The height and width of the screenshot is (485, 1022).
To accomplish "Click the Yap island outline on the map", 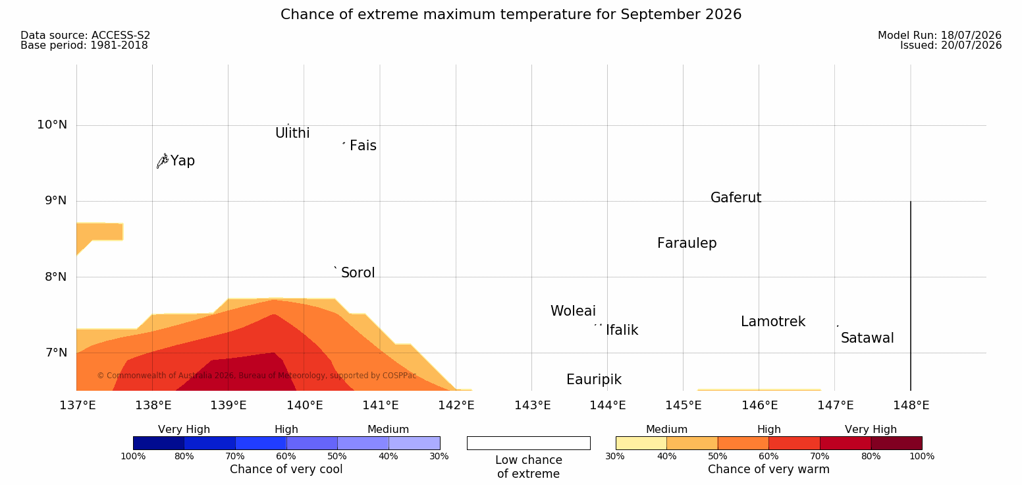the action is click(163, 161).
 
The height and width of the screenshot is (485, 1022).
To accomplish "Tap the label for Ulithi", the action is click(292, 133).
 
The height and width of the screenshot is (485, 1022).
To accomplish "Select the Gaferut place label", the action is click(736, 197).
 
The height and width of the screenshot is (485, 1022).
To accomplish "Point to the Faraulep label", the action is click(687, 243).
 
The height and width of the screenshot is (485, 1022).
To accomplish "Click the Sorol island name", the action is click(358, 273).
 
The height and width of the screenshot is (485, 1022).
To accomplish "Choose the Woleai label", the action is click(573, 310).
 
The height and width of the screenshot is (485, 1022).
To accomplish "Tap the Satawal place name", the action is click(867, 338).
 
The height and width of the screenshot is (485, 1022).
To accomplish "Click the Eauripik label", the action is click(593, 380).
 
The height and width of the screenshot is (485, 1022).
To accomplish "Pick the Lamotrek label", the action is click(773, 322).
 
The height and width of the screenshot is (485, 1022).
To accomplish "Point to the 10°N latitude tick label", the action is click(52, 125).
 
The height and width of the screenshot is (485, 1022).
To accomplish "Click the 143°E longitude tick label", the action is click(533, 405).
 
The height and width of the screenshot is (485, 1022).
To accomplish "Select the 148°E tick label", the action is click(911, 405).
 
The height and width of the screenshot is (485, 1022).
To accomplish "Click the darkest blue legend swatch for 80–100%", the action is click(159, 443).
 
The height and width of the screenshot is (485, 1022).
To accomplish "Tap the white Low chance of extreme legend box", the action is click(528, 443).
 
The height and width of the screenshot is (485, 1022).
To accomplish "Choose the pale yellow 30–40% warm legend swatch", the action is click(641, 443).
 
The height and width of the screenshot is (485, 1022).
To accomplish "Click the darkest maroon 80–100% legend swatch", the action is click(896, 443).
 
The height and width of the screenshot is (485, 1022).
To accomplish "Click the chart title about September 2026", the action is click(511, 14).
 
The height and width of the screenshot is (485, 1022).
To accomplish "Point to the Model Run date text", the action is click(940, 35).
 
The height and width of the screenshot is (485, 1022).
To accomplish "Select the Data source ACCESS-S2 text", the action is click(86, 35).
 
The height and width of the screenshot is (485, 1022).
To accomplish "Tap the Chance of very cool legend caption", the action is click(286, 469).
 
